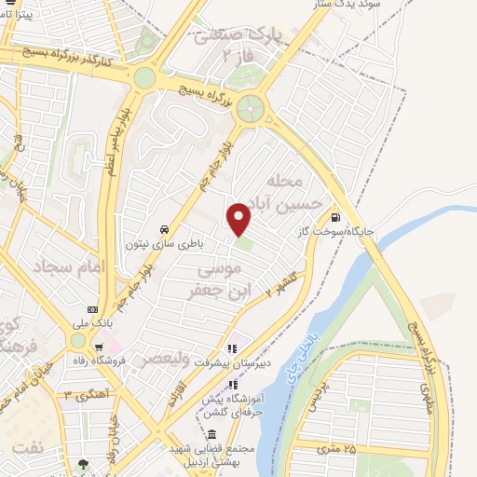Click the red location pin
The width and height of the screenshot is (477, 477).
coord(239,218)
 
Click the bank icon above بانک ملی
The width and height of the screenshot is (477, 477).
coord(92,308)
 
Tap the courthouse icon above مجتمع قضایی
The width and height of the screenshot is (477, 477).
coord(212,435)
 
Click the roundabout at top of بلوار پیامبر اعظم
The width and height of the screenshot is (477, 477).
coord(143,78)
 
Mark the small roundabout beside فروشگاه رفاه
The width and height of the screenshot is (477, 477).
coord(76,341)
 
